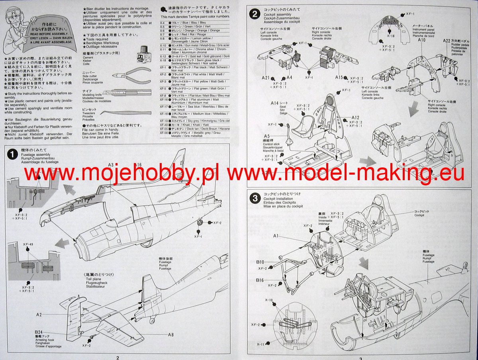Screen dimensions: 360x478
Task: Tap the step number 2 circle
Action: click(254, 15)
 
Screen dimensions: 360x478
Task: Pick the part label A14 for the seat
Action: click(274, 103)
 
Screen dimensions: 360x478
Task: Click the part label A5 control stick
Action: click(266, 136)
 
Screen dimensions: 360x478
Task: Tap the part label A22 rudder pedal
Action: click(446, 41)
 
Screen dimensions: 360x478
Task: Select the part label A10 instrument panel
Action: click(422, 40)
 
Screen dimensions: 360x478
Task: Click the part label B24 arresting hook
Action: click(38, 332)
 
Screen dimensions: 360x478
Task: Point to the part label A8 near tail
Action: click(170, 334)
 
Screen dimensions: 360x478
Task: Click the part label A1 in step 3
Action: click(276, 236)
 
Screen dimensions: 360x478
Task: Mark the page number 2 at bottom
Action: click(118, 357)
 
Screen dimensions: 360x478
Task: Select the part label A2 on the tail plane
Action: click(39, 315)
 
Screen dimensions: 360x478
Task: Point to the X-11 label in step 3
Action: click(261, 344)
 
